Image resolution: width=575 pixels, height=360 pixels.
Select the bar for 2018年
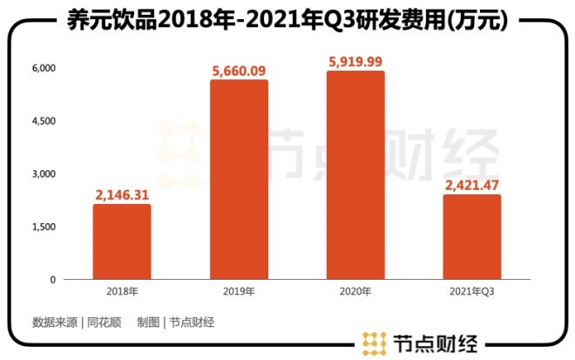click(122, 241)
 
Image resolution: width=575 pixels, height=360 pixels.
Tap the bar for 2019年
click(239, 180)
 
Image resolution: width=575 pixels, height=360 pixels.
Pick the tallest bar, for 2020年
click(355, 175)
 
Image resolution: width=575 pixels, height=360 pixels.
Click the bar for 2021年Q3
click(471, 237)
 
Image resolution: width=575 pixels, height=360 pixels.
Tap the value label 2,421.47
click(471, 185)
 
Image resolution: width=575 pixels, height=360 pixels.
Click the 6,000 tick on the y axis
click(44, 67)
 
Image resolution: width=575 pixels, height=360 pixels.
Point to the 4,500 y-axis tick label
click(44, 120)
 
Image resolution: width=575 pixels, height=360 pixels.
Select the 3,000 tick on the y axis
click(44, 173)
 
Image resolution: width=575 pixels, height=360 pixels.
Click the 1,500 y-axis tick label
click(44, 227)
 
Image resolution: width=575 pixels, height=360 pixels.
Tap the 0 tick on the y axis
click(52, 280)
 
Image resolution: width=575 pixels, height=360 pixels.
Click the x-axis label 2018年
click(122, 292)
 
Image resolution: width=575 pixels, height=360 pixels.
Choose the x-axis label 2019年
click(239, 292)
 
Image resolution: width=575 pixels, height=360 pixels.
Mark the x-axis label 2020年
click(355, 292)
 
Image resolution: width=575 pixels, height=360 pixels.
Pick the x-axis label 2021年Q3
click(471, 292)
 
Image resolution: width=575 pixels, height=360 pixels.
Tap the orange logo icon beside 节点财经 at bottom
click(375, 343)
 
